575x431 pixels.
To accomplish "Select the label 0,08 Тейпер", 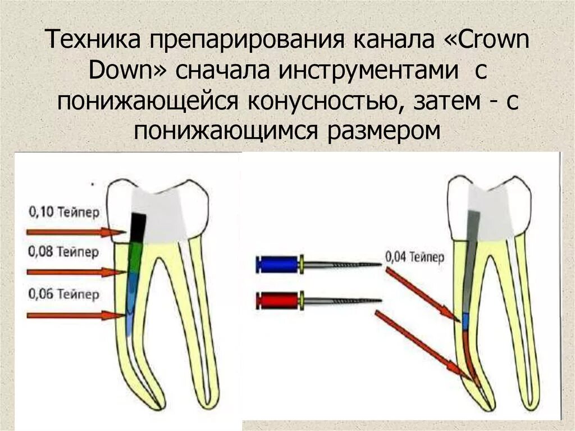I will coord(63,251).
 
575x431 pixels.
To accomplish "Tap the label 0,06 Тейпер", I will coord(63,293).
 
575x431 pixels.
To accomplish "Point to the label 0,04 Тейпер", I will coord(415,257).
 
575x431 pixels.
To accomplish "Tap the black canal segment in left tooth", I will coord(136,228).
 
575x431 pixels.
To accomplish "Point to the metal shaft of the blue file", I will coord(343,264).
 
